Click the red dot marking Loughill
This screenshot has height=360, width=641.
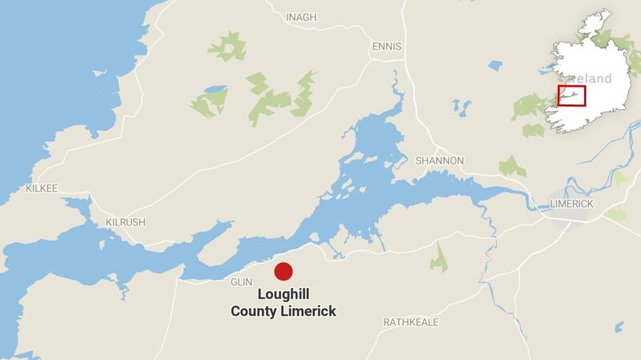pyautogui.click(x=284, y=271)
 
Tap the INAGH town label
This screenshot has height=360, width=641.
pyautogui.click(x=301, y=17)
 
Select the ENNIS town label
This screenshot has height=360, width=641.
pyautogui.click(x=387, y=47)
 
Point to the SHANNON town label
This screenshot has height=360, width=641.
pyautogui.click(x=439, y=160)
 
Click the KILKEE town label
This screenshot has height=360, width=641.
pyautogui.click(x=41, y=188)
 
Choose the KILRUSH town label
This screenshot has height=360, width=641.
pyautogui.click(x=126, y=222)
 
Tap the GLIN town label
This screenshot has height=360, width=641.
pyautogui.click(x=241, y=281)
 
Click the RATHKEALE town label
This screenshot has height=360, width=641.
pyautogui.click(x=411, y=322)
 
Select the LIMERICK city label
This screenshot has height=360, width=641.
pyautogui.click(x=571, y=204)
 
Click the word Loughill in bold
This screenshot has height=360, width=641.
pyautogui.click(x=284, y=294)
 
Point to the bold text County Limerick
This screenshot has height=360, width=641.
pyautogui.click(x=284, y=311)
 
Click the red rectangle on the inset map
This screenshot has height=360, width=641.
pyautogui.click(x=571, y=95)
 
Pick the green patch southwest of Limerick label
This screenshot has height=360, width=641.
pyautogui.click(x=615, y=213)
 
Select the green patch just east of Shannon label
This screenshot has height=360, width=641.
pyautogui.click(x=510, y=166)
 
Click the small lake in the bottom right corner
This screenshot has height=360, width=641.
pyautogui.click(x=619, y=327)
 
